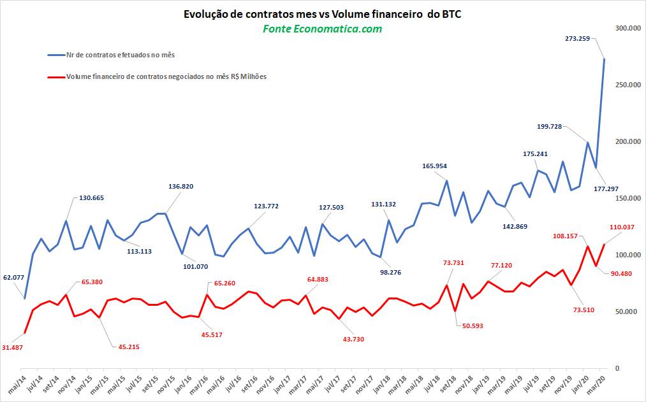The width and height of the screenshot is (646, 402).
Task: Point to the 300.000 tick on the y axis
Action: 627,28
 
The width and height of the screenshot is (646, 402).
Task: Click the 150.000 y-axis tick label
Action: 627,198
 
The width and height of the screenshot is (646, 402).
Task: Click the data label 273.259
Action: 577,38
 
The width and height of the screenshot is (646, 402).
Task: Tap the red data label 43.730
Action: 353,339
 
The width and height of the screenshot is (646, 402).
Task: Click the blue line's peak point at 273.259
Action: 605,59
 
